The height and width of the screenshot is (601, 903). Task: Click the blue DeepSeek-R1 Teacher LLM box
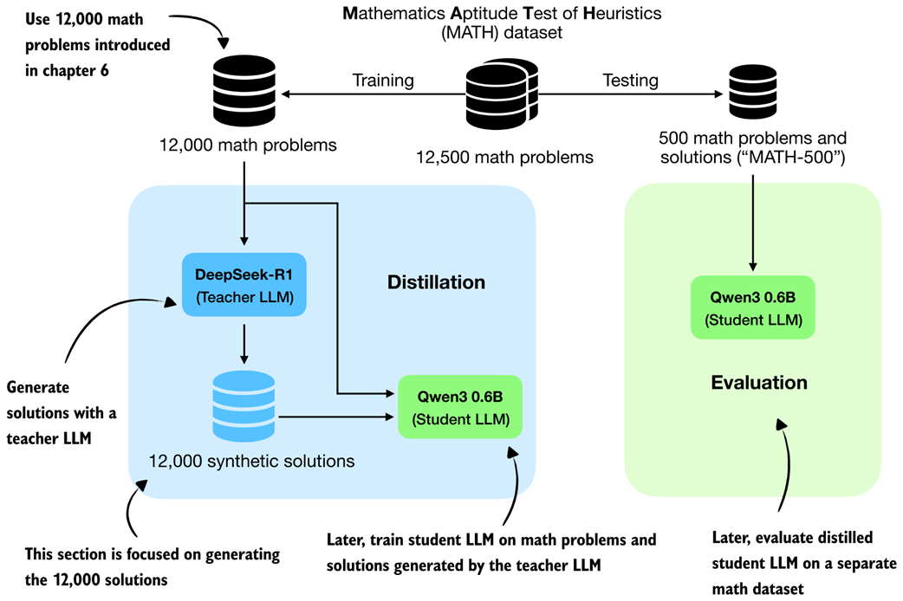pos(244,285)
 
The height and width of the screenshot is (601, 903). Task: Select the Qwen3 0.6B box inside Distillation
pos(459,406)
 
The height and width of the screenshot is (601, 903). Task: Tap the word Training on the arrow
pos(382,81)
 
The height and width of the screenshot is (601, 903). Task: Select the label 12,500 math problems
pos(504,158)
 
